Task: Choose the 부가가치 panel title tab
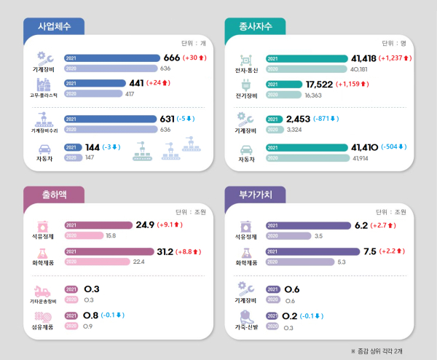[254, 195]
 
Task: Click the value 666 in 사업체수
[171, 58]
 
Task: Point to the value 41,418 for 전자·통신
[366, 58]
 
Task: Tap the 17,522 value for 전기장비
[318, 85]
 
